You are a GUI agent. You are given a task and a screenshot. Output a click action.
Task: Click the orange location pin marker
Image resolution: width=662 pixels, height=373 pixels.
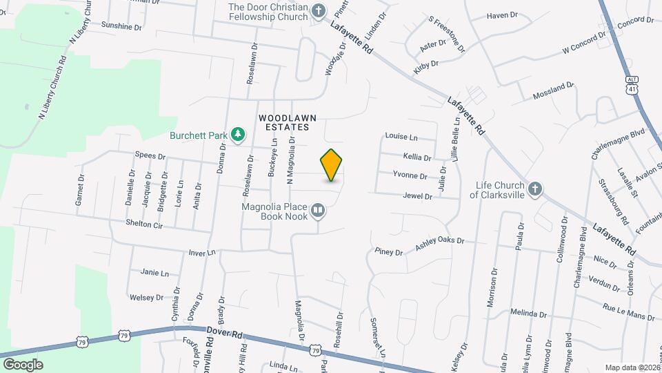click(331, 164)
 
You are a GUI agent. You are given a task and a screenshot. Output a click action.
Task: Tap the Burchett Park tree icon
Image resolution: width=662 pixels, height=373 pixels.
click(238, 134)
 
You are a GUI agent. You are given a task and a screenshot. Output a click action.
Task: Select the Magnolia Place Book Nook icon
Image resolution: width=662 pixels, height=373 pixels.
click(317, 210)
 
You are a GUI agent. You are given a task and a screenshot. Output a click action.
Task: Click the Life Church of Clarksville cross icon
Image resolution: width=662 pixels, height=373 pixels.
click(535, 189)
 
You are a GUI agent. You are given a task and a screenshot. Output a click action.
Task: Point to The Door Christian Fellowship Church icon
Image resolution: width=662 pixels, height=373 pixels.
click(318, 10)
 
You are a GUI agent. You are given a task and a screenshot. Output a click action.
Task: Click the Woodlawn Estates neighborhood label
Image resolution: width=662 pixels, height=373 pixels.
click(288, 122)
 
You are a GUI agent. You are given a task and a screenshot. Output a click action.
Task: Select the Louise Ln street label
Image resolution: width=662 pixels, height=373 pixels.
click(401, 137)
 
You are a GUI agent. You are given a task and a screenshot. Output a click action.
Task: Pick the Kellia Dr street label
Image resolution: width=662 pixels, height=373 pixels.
click(417, 157)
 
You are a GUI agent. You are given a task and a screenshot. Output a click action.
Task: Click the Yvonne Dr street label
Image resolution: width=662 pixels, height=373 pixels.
click(410, 175)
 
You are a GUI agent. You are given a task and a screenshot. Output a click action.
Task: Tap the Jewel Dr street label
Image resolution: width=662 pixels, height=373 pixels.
click(418, 196)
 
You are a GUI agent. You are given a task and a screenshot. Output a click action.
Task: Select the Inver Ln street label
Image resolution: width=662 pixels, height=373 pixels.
click(203, 253)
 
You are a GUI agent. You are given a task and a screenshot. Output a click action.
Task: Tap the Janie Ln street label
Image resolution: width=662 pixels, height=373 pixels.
click(154, 273)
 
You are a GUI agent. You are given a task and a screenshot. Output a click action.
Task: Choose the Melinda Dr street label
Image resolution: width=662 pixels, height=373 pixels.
click(528, 313)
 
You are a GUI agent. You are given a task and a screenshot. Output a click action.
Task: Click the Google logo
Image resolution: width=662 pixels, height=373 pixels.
click(23, 364)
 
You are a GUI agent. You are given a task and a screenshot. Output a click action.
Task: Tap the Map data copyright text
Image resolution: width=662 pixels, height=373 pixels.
click(631, 367)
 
